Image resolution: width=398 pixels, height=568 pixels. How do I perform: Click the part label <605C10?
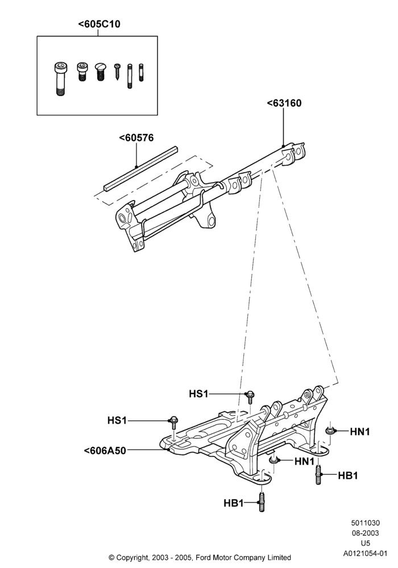pyautogui.click(x=99, y=24)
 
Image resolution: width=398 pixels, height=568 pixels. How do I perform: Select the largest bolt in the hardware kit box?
pyautogui.click(x=60, y=78)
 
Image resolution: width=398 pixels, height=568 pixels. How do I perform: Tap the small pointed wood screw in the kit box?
pyautogui.click(x=118, y=72)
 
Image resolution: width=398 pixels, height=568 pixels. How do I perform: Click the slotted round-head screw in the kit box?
pyautogui.click(x=101, y=72)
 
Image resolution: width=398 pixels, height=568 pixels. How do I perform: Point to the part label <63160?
pyautogui.click(x=284, y=103)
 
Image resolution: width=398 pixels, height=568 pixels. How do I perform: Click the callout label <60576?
pyautogui.click(x=136, y=138)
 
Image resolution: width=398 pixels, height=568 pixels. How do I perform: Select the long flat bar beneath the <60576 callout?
pyautogui.click(x=140, y=169)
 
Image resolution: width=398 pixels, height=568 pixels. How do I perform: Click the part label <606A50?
pyautogui.click(x=105, y=450)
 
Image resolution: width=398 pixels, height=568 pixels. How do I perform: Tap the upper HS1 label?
pyautogui.click(x=198, y=394)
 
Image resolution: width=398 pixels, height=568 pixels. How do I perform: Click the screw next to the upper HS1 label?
pyautogui.click(x=250, y=398)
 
